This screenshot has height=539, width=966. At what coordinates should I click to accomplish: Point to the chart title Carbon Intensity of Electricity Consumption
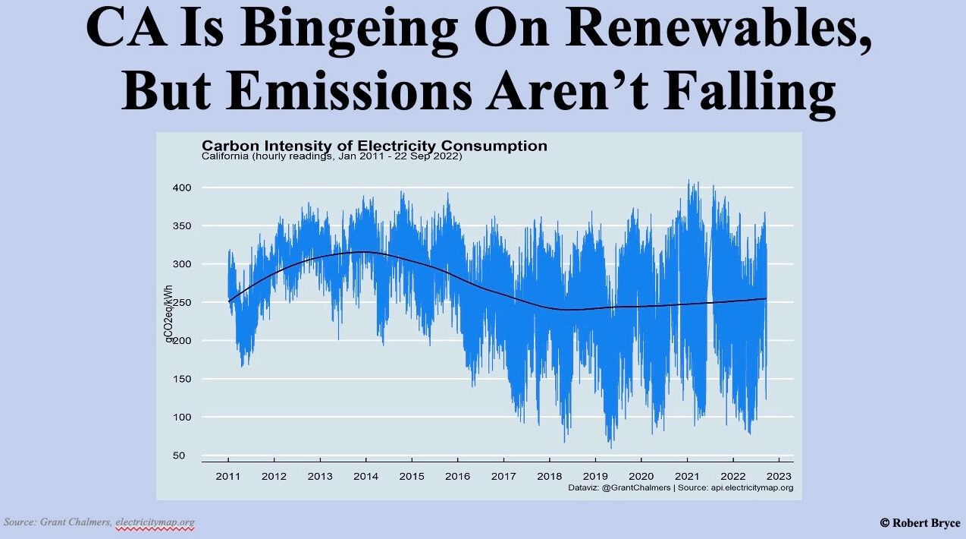pos(374,146)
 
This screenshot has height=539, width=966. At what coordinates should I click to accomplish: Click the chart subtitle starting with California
pos(332,157)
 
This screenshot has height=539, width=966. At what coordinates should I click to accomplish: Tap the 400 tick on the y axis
pos(180,188)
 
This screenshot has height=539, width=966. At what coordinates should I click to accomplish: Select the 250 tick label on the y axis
pos(180,302)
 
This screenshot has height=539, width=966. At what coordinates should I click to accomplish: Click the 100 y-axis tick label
pos(180,417)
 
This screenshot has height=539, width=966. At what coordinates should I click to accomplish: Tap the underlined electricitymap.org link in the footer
pos(155,522)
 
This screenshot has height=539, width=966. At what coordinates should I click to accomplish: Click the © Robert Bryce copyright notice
pos(920,522)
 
